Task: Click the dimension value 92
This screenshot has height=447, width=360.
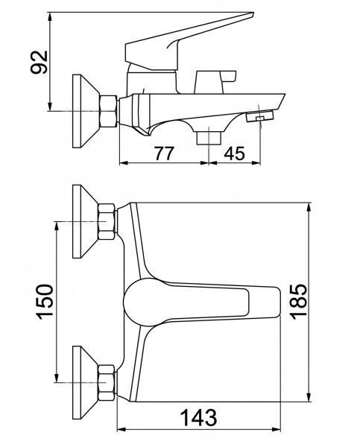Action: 39,62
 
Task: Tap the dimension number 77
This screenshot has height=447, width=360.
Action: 164,153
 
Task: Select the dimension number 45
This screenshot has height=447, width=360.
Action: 235,153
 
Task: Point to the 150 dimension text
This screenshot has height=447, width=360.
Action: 44,302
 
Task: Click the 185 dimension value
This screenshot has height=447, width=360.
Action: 298,299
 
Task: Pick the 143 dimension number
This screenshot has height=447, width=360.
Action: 199,417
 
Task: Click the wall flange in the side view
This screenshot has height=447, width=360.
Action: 86,111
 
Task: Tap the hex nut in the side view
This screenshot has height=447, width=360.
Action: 108,111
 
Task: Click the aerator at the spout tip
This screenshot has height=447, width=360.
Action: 259,116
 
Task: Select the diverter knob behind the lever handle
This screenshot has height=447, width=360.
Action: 215,82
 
